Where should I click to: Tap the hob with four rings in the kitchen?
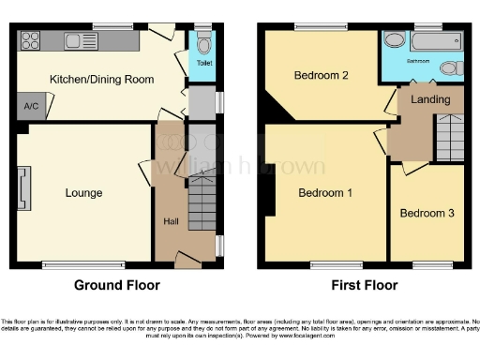(x=30, y=40)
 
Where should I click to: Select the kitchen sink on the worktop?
(x=76, y=40)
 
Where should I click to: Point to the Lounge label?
(x=83, y=193)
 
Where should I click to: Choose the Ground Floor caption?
(x=116, y=285)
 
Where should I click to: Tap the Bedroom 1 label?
(x=325, y=193)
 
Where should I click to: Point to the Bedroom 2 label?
(x=322, y=75)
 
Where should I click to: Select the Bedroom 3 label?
(x=427, y=213)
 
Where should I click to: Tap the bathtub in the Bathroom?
(x=438, y=40)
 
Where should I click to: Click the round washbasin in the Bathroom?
(x=395, y=40)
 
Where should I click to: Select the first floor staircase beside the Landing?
(x=450, y=138)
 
